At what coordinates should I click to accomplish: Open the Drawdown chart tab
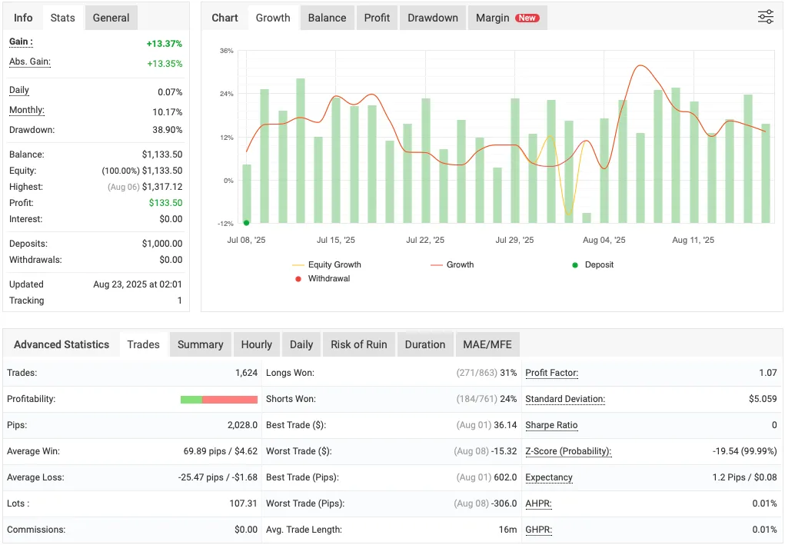pyautogui.click(x=433, y=18)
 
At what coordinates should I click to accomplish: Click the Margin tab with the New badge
pyautogui.click(x=507, y=18)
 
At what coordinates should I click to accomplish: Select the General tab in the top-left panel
pyautogui.click(x=111, y=18)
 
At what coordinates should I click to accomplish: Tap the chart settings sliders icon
pyautogui.click(x=765, y=17)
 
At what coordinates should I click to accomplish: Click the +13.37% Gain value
pyautogui.click(x=165, y=44)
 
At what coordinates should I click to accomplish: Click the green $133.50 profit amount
pyautogui.click(x=165, y=203)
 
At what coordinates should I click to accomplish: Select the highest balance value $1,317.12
pyautogui.click(x=162, y=187)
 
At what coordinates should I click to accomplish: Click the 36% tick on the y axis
pyautogui.click(x=226, y=51)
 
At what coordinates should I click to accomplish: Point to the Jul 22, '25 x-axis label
pyautogui.click(x=425, y=240)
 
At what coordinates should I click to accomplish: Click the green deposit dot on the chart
pyautogui.click(x=246, y=223)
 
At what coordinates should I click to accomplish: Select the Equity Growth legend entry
pyautogui.click(x=334, y=264)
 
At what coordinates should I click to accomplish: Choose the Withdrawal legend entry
pyautogui.click(x=328, y=278)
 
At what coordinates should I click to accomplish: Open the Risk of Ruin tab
pyautogui.click(x=358, y=344)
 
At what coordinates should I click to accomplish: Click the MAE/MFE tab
pyautogui.click(x=487, y=344)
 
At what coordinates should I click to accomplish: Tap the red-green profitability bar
pyautogui.click(x=218, y=400)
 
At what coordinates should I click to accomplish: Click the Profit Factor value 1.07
pyautogui.click(x=767, y=373)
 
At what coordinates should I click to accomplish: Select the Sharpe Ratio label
pyautogui.click(x=551, y=425)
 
